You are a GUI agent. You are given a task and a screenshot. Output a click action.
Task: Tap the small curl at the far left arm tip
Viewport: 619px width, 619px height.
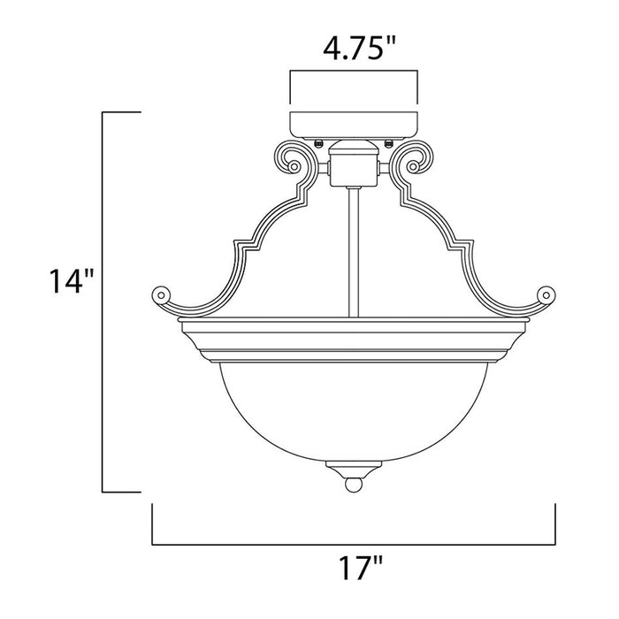tap(159, 293)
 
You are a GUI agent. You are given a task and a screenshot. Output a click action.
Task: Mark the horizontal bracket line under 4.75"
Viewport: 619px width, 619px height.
tap(354, 74)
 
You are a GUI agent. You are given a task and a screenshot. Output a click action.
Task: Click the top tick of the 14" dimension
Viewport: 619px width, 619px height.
tap(123, 113)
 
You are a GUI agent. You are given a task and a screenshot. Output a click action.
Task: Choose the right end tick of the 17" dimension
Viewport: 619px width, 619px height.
tap(554, 525)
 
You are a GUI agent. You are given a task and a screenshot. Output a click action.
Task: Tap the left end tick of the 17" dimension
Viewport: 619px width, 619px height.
tap(153, 525)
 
